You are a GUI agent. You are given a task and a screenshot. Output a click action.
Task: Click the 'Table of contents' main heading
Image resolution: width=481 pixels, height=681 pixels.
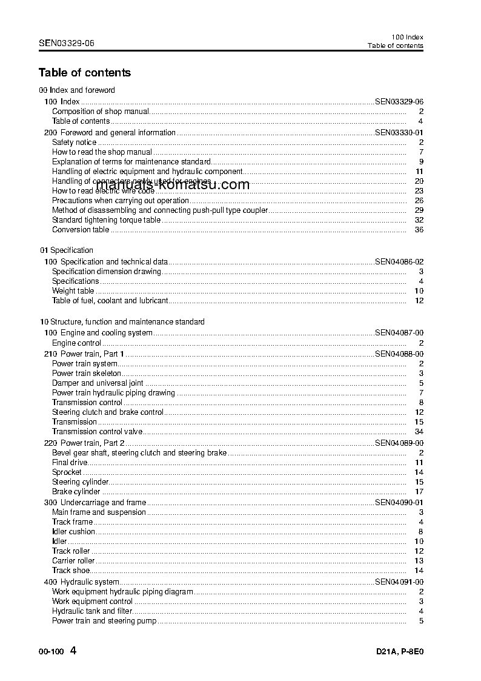(x=84, y=73)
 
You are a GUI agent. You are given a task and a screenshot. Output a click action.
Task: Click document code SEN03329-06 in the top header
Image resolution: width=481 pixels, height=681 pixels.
(x=66, y=43)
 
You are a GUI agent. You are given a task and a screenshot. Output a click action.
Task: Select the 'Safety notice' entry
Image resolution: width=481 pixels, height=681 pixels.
(x=74, y=143)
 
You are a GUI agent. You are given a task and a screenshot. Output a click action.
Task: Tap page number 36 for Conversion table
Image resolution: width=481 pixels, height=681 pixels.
(x=419, y=230)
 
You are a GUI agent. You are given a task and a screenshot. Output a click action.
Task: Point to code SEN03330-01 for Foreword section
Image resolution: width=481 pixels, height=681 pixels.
(x=399, y=132)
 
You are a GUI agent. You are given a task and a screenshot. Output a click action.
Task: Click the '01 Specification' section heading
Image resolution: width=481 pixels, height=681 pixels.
(x=67, y=250)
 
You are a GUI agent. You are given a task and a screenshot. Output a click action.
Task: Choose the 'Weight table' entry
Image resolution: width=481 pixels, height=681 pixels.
(x=73, y=291)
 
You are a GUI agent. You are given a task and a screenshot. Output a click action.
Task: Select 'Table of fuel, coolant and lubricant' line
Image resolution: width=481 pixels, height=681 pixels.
(x=110, y=301)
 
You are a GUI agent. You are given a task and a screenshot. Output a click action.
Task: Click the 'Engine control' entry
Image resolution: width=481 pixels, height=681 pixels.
(x=76, y=343)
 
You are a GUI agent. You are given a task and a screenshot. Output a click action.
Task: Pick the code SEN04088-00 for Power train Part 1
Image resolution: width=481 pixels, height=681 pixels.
(x=399, y=354)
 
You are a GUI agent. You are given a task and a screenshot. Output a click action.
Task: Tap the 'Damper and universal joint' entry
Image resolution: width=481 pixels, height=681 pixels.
(x=98, y=383)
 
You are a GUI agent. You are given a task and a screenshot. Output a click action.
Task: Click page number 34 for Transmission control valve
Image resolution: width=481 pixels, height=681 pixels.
(x=419, y=432)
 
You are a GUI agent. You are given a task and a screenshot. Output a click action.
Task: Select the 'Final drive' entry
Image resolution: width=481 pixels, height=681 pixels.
(x=70, y=463)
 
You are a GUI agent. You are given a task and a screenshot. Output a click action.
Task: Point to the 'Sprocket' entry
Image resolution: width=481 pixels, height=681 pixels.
(x=67, y=472)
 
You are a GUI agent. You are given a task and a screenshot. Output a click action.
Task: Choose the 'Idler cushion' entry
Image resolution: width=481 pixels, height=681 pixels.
(x=73, y=532)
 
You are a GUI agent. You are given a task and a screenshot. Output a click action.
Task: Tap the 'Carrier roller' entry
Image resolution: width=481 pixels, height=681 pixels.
(x=73, y=561)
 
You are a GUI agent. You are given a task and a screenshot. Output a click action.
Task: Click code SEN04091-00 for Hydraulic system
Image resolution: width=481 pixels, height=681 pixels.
(x=399, y=582)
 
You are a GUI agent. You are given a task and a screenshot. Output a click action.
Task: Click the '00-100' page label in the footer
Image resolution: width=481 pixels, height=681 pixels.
(x=51, y=653)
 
